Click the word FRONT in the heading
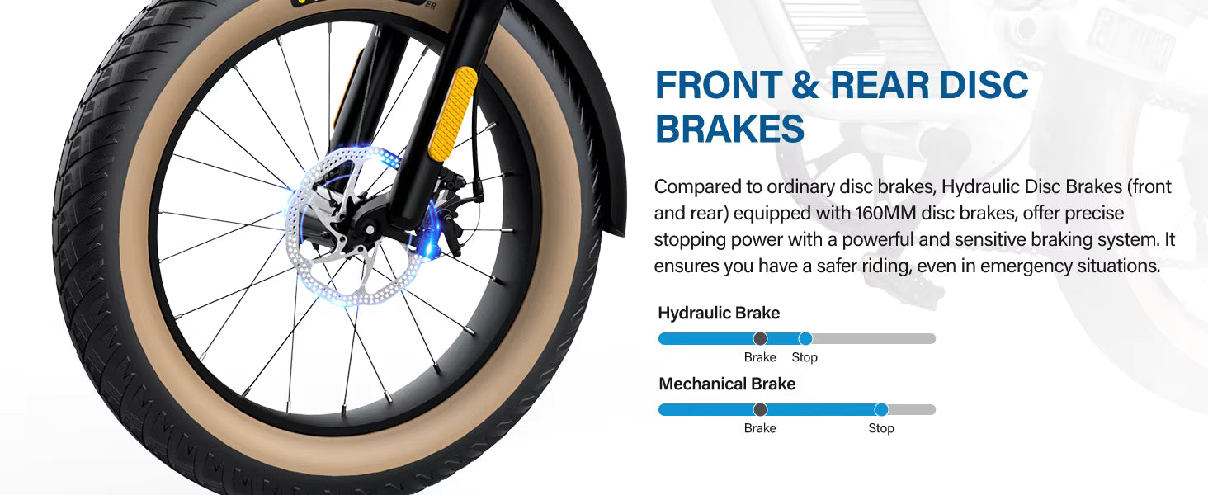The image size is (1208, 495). click(x=719, y=85)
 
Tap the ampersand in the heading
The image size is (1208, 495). click(x=805, y=85)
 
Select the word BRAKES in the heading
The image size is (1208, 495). click(x=729, y=129)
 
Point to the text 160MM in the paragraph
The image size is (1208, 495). click(x=885, y=213)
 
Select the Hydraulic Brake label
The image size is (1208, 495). click(x=719, y=313)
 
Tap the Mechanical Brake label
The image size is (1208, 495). click(x=727, y=384)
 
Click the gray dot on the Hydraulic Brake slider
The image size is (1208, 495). click(x=760, y=338)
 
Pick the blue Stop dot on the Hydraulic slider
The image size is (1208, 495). click(x=805, y=338)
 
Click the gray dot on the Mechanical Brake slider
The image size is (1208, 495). click(x=760, y=410)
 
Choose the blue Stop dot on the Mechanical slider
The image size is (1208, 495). click(x=881, y=410)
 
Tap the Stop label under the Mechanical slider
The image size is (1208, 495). click(x=881, y=428)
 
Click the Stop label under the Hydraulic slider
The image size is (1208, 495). click(x=805, y=357)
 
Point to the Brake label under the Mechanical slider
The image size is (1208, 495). click(x=760, y=428)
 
